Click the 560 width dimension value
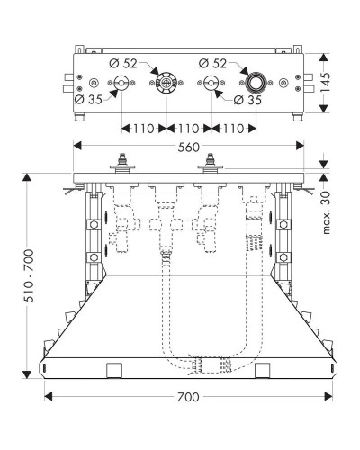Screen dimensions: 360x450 tap(189, 147)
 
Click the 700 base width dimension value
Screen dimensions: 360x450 tap(188, 397)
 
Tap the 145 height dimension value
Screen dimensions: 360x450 tap(325, 83)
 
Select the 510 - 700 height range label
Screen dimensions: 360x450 tap(30, 275)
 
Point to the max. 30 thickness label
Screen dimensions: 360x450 tap(326, 212)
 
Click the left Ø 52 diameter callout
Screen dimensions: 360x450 tap(123, 63)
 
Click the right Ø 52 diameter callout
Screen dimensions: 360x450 tap(212, 63)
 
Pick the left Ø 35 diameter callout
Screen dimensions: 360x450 tap(88, 100)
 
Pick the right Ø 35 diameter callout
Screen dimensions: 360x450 tap(247, 100)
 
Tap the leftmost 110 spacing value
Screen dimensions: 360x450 tap(144, 129)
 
